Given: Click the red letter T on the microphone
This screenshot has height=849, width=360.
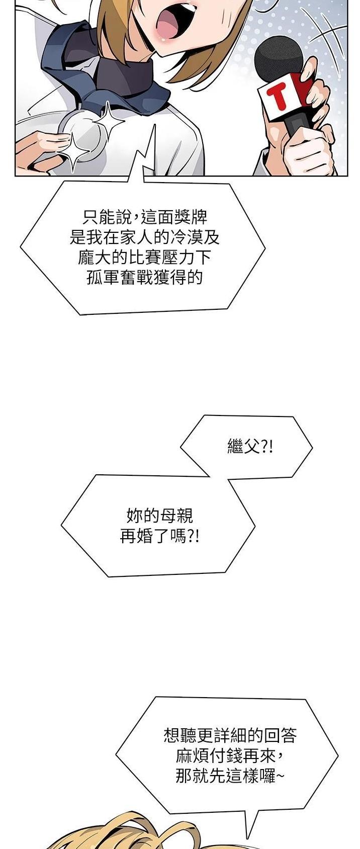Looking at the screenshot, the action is coord(282,96).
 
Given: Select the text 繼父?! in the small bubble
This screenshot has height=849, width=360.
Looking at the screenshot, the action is coord(250,447).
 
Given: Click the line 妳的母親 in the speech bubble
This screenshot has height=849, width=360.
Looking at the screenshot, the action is coord(159,516).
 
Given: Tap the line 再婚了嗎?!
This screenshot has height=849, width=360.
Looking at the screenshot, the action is coord(159,536).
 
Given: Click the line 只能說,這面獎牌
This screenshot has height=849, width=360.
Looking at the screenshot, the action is coord(145,218).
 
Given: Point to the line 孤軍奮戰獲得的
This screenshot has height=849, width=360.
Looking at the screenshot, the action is coord(144,278).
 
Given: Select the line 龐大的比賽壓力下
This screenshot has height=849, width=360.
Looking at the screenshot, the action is coord(144,258).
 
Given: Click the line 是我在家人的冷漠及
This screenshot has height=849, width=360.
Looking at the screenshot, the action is coord(145,237).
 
